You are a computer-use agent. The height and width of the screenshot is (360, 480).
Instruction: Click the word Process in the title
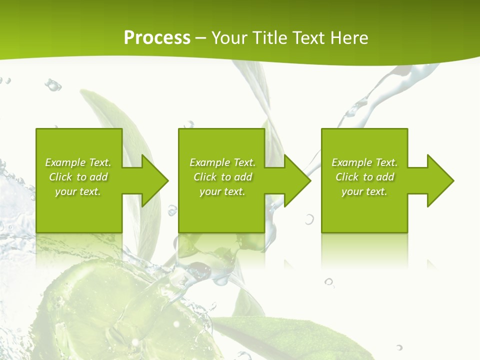point(157,38)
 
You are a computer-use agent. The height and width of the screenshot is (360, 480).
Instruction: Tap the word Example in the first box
point(65,162)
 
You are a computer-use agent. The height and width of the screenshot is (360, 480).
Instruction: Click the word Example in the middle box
point(209,162)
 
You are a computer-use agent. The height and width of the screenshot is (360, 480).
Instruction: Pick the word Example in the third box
point(351,162)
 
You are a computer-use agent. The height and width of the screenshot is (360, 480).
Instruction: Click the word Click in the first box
point(60,177)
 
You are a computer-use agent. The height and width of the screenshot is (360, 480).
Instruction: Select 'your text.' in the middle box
point(222,191)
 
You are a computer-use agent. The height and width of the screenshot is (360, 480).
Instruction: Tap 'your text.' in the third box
point(364,191)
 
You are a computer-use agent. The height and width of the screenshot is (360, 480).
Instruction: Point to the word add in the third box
point(385,177)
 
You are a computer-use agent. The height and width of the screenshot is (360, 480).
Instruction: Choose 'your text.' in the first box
point(78,191)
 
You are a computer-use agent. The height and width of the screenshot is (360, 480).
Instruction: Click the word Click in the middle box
point(205,177)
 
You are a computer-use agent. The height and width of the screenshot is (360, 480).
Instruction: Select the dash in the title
point(200,38)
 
